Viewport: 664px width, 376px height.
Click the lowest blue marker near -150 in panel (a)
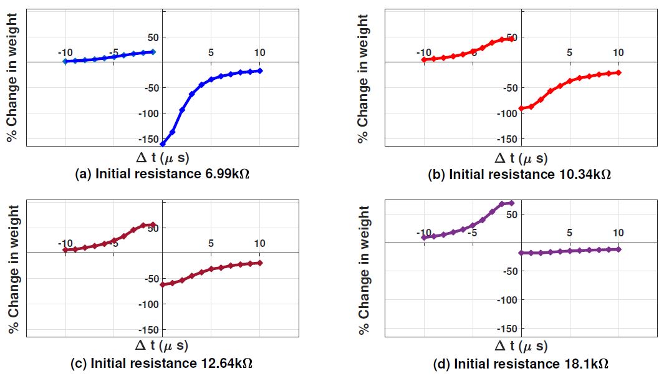coord(163,144)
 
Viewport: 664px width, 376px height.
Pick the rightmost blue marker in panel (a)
coord(259,70)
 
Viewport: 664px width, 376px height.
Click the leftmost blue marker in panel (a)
coord(65,61)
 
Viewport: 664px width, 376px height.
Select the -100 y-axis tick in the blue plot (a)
coord(153,113)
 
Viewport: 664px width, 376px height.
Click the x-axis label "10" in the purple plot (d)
coord(618,233)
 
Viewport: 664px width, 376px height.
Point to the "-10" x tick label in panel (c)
coord(65,243)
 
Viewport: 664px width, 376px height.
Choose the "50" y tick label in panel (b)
coord(512,37)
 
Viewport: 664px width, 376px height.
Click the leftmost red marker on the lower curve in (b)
coord(521,108)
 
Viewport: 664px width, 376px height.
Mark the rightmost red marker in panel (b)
coord(618,72)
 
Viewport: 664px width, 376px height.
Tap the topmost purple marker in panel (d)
coord(511,203)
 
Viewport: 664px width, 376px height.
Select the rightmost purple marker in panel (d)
coord(618,249)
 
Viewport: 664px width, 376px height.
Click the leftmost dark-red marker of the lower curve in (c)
coord(163,284)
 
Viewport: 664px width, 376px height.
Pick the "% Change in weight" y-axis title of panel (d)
coord(363,269)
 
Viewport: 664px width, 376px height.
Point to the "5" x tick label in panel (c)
coord(211,243)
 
